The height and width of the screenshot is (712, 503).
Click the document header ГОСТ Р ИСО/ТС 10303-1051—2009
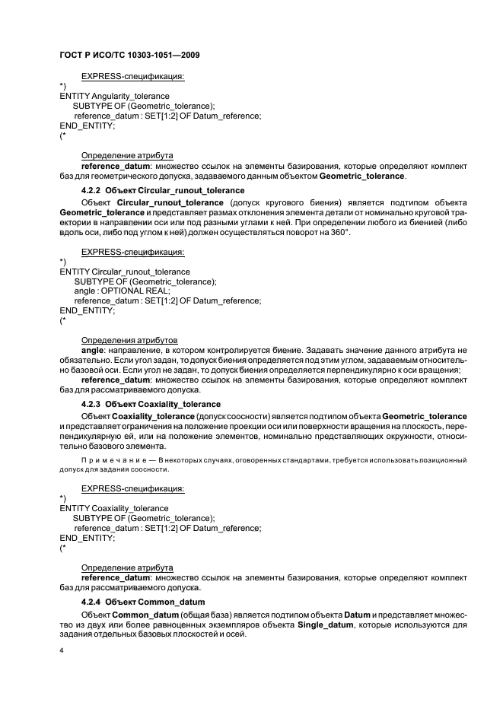pyautogui.click(x=129, y=55)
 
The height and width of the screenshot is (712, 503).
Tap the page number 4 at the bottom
pyautogui.click(x=62, y=651)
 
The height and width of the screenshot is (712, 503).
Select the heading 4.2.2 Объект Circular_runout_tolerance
pyautogui.click(x=163, y=189)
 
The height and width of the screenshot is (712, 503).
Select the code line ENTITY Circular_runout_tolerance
pyautogui.click(x=125, y=272)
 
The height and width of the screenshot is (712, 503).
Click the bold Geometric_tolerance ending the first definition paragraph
pyautogui.click(x=361, y=176)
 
